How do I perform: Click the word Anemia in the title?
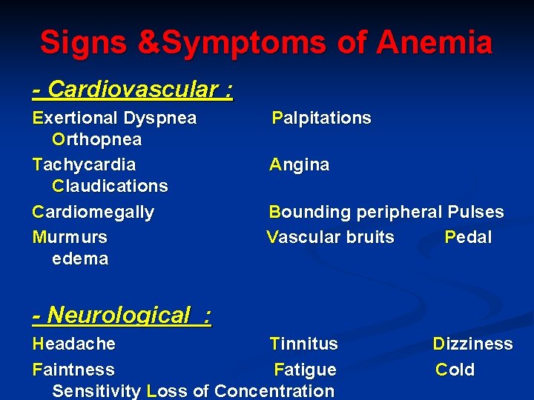[434, 42]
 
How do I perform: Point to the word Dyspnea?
[160, 119]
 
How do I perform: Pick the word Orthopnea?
[97, 140]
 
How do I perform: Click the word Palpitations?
[321, 119]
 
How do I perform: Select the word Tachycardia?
[85, 164]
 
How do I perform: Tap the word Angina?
[300, 164]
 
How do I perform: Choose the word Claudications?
[111, 186]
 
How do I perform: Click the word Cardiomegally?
[93, 213]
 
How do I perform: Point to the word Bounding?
[310, 213]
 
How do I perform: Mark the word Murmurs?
[70, 238]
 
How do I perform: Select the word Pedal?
[468, 238]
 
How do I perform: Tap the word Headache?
[74, 344]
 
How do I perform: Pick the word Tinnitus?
[304, 344]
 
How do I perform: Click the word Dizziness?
[473, 344]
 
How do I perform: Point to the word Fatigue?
[305, 370]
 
